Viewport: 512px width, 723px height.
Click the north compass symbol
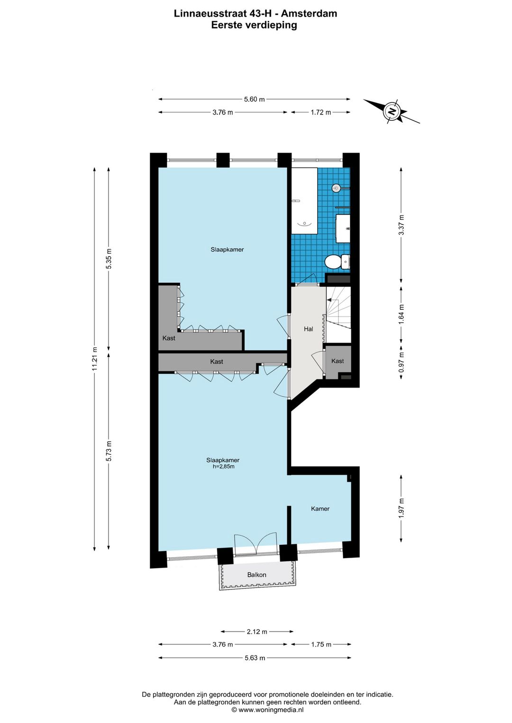392,112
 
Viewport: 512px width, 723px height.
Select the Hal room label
309,329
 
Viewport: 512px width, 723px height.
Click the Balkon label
257,575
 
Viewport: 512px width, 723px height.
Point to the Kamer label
320,509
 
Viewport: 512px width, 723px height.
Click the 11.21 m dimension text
94,359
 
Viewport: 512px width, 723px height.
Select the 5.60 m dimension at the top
254,99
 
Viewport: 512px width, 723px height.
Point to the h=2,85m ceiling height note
223,466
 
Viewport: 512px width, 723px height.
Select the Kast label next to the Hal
338,361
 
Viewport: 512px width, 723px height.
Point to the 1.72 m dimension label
320,112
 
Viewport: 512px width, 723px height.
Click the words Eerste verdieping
254,25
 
